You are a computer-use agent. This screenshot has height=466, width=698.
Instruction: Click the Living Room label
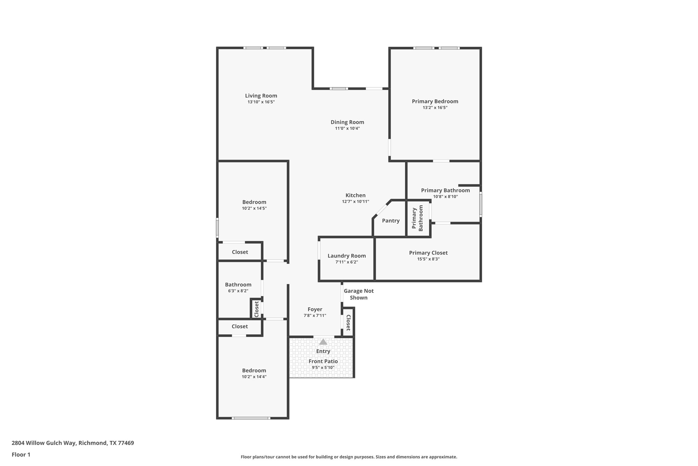tap(261, 96)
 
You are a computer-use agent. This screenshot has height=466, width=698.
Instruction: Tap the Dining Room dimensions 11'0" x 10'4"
tap(347, 128)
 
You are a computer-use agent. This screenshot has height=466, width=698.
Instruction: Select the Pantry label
tap(390, 221)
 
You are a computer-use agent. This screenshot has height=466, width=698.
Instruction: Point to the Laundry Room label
tap(346, 256)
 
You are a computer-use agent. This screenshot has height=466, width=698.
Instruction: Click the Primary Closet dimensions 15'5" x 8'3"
tap(428, 259)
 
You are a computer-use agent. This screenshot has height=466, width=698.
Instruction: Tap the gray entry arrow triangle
tap(323, 342)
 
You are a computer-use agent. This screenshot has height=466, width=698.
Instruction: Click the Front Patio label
tap(323, 361)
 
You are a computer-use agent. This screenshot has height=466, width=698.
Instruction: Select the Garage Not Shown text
tap(358, 294)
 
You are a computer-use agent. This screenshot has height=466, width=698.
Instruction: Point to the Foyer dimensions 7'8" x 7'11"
tap(315, 316)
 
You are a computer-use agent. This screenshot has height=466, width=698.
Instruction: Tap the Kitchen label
tap(355, 195)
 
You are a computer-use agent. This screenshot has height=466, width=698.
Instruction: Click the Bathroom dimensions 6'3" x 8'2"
tap(238, 291)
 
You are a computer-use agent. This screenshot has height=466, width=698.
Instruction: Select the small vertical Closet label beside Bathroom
tap(256, 309)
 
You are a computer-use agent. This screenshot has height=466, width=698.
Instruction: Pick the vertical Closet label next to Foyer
tap(348, 322)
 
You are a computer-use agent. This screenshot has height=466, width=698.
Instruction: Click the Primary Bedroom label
tap(435, 101)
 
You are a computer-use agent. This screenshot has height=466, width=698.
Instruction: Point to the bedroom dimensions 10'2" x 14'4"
tap(254, 377)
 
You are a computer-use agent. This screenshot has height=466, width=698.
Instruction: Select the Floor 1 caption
tap(21, 455)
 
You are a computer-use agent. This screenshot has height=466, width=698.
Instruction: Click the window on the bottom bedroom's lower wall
tap(251, 418)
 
